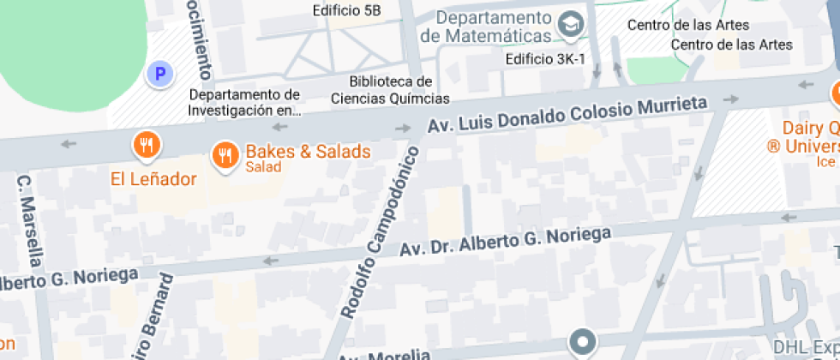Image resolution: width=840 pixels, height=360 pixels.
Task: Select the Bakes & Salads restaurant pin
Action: tap(225, 155)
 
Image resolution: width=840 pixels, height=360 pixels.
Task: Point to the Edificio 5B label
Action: tap(347, 10)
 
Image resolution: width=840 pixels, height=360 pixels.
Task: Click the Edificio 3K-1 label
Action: tap(544, 59)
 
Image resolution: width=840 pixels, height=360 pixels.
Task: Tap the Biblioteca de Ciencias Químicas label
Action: tap(390, 90)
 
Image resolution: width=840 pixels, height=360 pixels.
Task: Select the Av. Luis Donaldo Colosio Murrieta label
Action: tap(568, 115)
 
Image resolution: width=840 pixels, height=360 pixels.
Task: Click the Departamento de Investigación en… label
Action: tap(244, 102)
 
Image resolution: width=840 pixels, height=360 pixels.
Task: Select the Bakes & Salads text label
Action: tap(308, 152)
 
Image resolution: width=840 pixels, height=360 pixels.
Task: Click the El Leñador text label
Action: tap(153, 179)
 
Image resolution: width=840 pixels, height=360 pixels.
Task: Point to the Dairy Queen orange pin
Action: tap(836, 93)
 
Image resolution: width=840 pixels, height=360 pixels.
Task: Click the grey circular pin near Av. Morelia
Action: tap(585, 342)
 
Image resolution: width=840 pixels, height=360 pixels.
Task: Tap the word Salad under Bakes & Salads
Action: tap(263, 167)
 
